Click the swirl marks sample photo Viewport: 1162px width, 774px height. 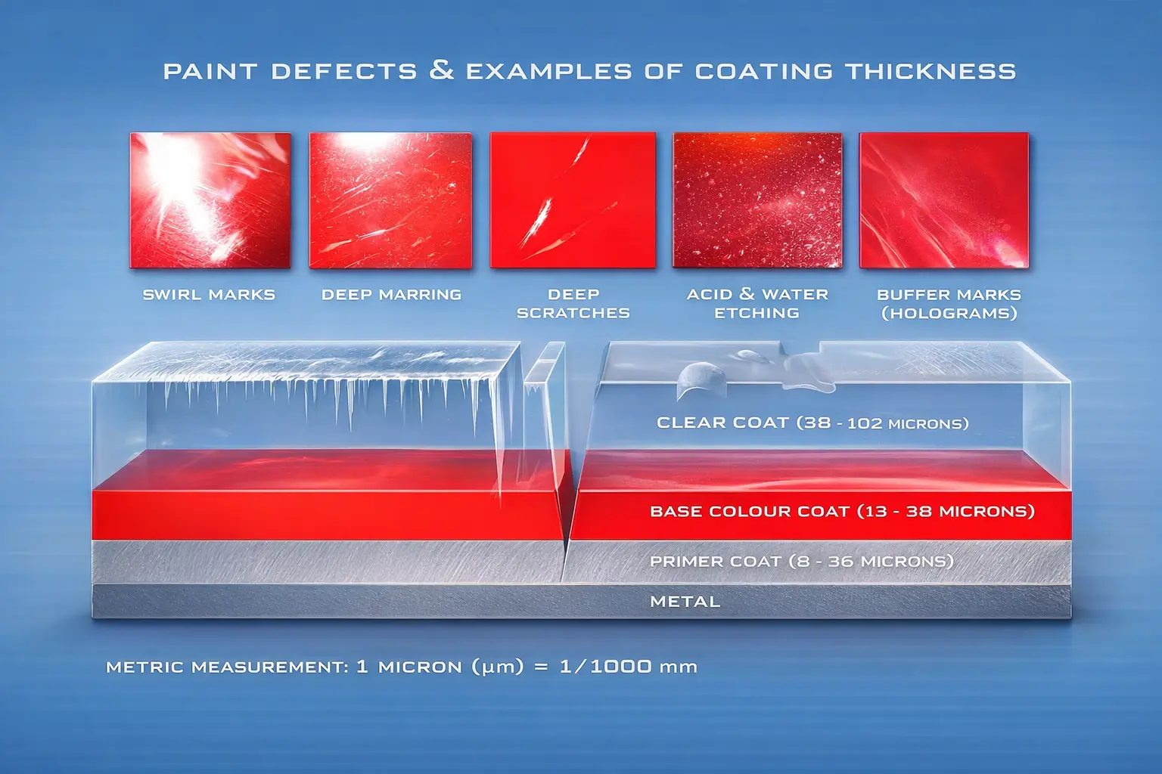click(x=210, y=200)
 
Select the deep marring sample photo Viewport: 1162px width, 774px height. click(x=390, y=200)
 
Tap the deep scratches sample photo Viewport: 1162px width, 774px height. click(x=573, y=200)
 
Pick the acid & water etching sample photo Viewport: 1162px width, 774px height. click(x=757, y=200)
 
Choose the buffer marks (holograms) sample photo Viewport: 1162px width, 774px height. click(x=943, y=200)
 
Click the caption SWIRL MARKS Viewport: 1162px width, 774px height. click(x=209, y=295)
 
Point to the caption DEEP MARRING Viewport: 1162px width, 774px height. click(x=391, y=295)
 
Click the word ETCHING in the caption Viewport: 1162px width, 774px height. click(x=757, y=313)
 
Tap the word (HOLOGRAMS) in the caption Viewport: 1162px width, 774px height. click(x=949, y=313)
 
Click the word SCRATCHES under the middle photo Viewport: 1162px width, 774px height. click(x=573, y=313)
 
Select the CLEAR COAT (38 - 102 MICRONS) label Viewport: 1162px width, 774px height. click(x=812, y=423)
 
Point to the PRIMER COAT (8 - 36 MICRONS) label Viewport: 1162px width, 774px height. click(x=801, y=562)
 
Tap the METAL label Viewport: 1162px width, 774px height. click(x=685, y=602)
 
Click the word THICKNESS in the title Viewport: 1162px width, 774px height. click(x=931, y=72)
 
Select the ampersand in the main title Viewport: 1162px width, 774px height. click(x=441, y=70)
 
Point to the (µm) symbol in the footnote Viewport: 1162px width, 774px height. click(x=497, y=667)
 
